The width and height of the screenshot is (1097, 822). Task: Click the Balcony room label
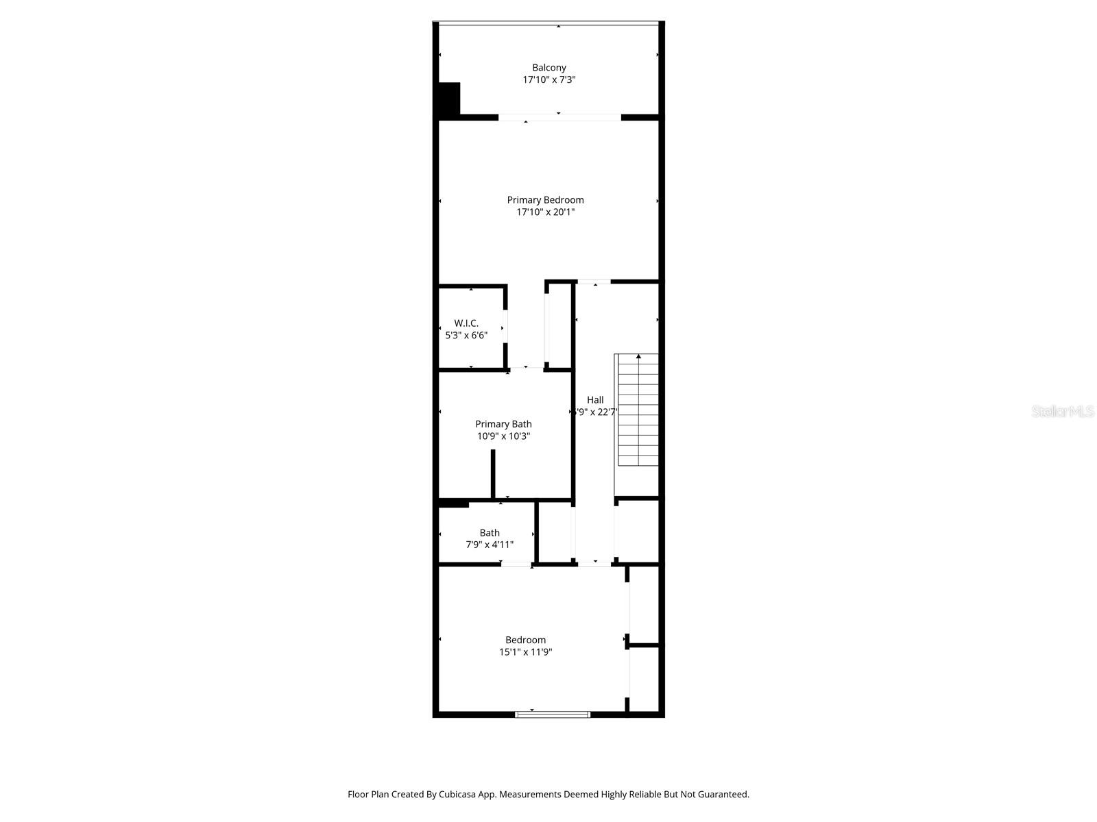(549, 68)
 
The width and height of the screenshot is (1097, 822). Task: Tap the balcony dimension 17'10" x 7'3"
(549, 80)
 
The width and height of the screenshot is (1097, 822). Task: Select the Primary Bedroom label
(546, 200)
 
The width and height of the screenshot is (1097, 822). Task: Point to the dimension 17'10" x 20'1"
(546, 212)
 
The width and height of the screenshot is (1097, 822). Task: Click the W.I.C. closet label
(466, 323)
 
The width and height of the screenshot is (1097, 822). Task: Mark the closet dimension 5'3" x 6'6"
(466, 336)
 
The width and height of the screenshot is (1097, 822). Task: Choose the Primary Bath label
(503, 424)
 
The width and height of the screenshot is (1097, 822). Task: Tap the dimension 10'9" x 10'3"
(503, 436)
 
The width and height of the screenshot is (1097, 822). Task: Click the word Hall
(595, 400)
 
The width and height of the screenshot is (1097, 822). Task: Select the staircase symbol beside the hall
(638, 411)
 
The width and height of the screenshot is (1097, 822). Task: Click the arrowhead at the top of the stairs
(638, 356)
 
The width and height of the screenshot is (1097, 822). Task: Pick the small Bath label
(490, 533)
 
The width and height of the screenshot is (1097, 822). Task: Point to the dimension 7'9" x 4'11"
(490, 545)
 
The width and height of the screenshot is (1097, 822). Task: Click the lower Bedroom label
(526, 640)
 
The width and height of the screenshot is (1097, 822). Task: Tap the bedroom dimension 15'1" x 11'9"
(526, 652)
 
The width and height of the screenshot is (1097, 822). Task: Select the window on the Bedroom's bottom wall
(553, 714)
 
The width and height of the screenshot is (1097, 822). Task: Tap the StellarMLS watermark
(1063, 412)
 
